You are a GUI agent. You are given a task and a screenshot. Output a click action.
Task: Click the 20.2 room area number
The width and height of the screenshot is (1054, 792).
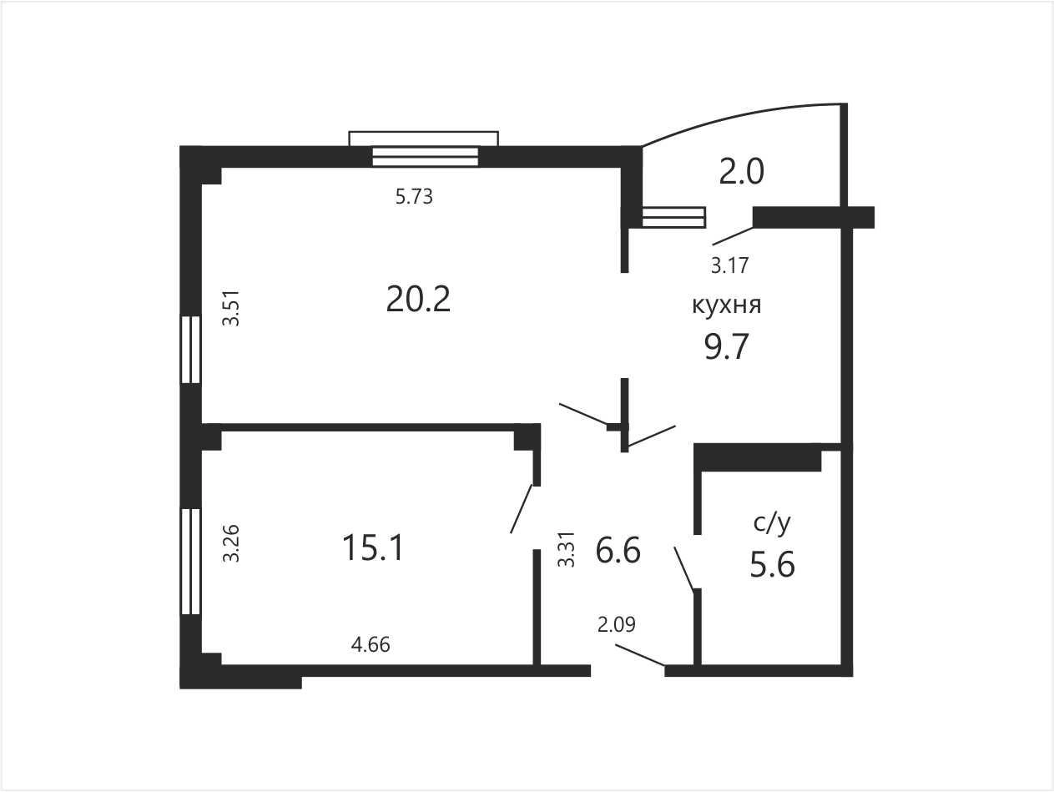418,299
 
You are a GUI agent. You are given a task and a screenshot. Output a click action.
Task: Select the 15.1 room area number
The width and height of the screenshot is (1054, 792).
373,547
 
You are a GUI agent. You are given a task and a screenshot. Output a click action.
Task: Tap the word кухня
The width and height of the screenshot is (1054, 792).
727,305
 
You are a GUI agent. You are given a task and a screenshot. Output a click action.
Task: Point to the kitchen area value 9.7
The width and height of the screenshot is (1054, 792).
726,346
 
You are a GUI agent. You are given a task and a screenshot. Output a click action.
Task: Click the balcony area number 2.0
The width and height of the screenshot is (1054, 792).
741,171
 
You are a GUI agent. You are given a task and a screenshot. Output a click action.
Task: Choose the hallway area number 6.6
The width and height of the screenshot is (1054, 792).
618,550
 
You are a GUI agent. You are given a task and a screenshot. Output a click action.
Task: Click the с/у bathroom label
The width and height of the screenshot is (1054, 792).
772,523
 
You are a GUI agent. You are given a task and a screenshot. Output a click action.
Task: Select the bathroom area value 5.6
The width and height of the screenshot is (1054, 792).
772,564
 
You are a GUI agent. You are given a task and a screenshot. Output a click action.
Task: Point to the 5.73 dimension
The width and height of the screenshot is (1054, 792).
414,196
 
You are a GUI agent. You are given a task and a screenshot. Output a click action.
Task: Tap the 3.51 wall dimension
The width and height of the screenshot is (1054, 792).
231,308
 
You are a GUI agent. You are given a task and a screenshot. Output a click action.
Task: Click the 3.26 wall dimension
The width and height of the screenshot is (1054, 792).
231,543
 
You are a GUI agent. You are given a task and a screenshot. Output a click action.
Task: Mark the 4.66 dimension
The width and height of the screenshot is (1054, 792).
371,644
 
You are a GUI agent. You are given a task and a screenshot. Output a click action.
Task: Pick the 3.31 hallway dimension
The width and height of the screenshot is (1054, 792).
566,550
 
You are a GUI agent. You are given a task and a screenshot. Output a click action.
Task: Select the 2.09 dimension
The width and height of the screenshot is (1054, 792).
617,624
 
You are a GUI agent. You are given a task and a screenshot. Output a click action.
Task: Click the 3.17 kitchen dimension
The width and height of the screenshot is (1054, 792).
730,265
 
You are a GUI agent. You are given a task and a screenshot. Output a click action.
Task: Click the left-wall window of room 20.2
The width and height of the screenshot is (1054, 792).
190,350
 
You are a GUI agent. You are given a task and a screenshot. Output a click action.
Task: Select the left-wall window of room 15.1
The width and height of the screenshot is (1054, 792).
190,562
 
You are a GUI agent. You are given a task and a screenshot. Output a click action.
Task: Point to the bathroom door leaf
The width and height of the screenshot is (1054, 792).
684,568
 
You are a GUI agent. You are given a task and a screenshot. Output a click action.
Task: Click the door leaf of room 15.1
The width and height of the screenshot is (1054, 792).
522,509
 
